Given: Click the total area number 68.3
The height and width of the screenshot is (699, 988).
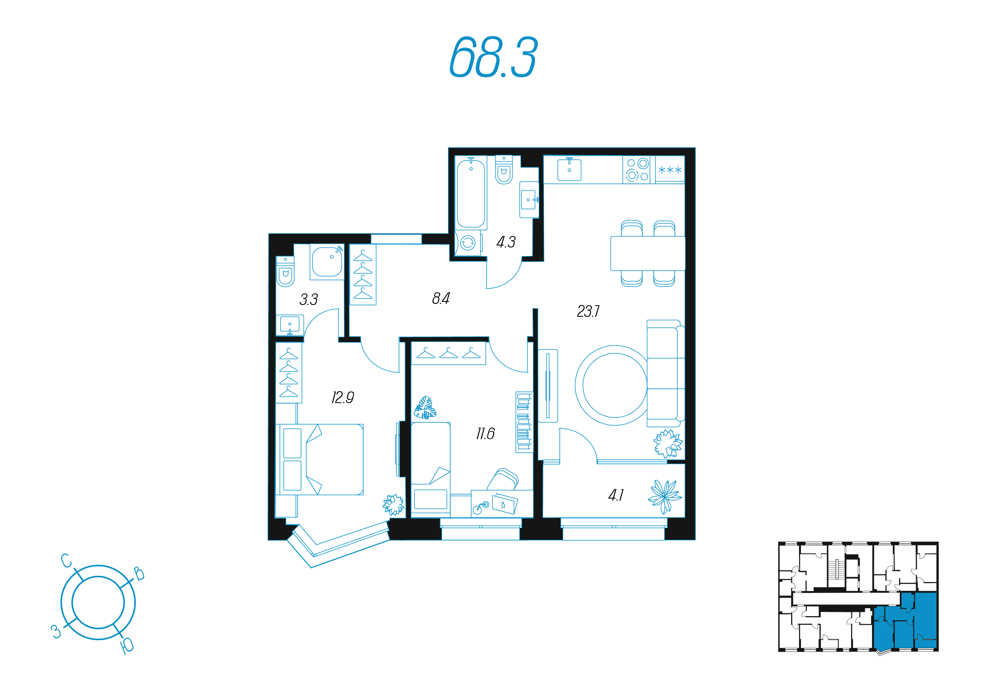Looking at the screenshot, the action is click(493, 57).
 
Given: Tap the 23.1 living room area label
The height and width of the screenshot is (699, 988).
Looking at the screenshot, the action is click(588, 311).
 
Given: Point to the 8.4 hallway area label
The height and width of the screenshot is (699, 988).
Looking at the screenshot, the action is click(441, 298).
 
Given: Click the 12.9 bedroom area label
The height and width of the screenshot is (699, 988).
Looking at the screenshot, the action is click(342, 397).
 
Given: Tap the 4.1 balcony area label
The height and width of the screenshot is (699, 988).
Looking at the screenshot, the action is click(616, 495).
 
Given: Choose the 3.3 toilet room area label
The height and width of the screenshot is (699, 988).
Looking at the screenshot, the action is click(308, 299).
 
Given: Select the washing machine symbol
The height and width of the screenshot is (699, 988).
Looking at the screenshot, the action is click(468, 243).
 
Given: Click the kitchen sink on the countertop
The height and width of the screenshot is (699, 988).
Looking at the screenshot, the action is click(569, 169).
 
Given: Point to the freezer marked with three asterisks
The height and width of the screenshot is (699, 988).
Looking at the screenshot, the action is click(669, 170).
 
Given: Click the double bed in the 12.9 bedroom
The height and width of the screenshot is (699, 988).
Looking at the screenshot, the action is click(320, 459).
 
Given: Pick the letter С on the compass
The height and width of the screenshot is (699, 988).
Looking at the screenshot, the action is click(66, 561).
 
